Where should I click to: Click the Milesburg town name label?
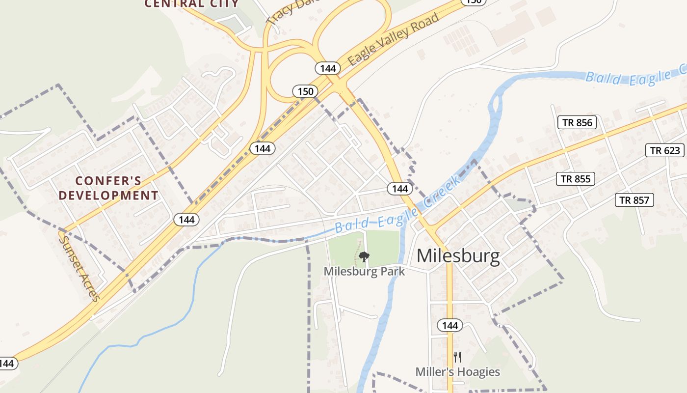tap(458, 256)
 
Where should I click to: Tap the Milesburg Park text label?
tap(364, 271)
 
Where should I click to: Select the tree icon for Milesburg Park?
tap(364, 256)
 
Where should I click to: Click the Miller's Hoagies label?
tap(457, 372)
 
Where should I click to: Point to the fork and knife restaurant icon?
tap(457, 357)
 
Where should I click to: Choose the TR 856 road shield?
tap(577, 122)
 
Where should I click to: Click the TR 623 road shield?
tap(665, 150)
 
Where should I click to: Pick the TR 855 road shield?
tap(576, 179)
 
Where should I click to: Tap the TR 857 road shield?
tap(634, 200)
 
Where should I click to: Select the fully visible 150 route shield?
tap(305, 91)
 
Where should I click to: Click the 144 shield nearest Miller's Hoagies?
tap(449, 325)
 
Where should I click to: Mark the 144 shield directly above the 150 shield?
tap(327, 68)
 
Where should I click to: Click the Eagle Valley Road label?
tap(393, 40)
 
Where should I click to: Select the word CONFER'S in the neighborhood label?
tap(108, 181)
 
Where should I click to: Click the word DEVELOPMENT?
tap(108, 196)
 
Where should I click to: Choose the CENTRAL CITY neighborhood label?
tap(191, 4)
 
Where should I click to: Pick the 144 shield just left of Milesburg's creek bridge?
tap(400, 189)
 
